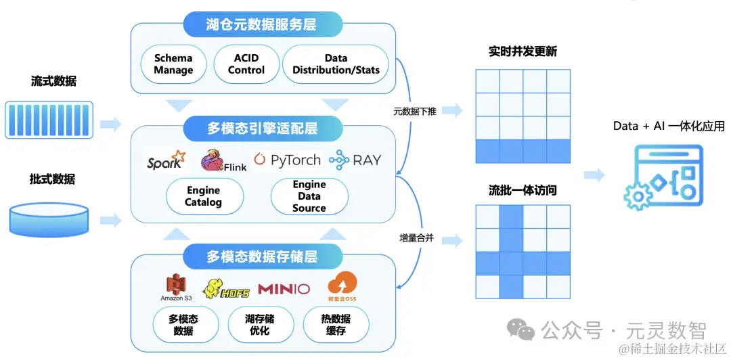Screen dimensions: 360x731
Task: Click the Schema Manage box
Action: (x=173, y=64)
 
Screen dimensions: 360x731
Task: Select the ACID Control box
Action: (x=246, y=64)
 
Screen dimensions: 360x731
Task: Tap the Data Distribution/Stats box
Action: (x=336, y=64)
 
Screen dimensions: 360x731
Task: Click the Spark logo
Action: (x=166, y=161)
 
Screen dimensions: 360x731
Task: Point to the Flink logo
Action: (x=223, y=160)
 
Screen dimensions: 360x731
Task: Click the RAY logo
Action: (x=355, y=160)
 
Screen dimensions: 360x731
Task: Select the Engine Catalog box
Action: (x=203, y=196)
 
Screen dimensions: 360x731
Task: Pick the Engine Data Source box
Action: (x=309, y=196)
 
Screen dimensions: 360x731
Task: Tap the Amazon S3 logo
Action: (x=176, y=288)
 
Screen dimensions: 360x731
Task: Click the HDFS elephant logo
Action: (x=226, y=289)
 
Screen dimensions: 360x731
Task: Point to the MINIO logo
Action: (x=284, y=289)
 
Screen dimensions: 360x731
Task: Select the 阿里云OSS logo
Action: (x=342, y=287)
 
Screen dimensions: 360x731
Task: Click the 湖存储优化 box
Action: (x=260, y=325)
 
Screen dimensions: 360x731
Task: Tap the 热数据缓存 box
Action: (x=336, y=325)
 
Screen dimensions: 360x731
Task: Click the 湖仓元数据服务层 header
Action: (x=261, y=26)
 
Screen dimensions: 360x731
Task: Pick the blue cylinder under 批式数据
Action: (x=49, y=219)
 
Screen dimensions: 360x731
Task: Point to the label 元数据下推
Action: (x=415, y=112)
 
